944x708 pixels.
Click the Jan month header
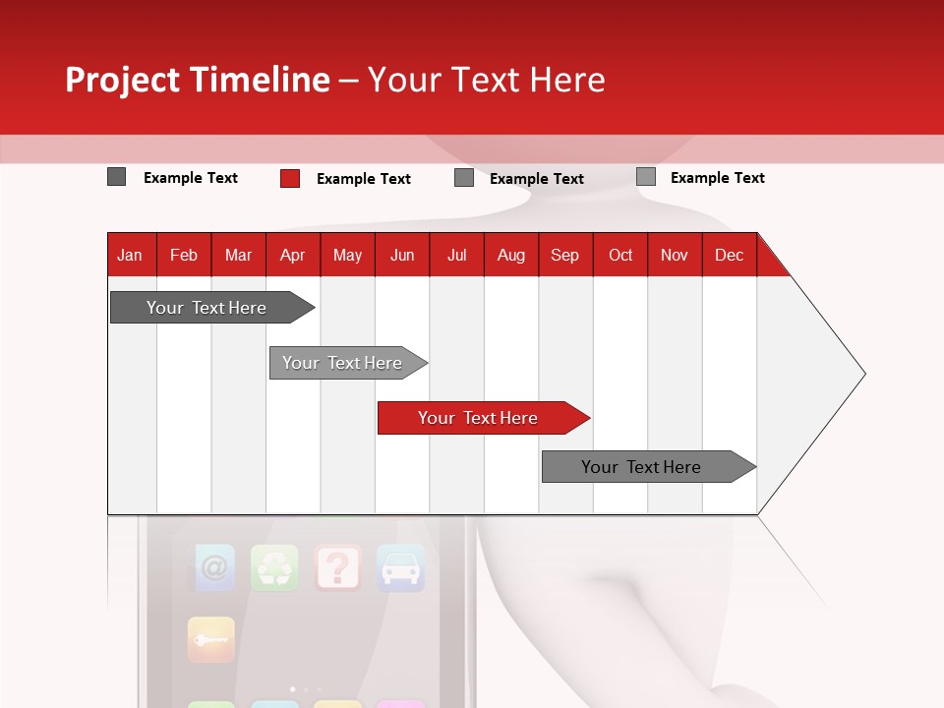[130, 255]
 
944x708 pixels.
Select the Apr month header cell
[293, 255]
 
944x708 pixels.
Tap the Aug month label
[510, 255]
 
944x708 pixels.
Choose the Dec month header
[729, 255]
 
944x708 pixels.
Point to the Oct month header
[620, 255]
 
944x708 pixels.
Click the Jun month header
[402, 255]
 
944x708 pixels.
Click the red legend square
[290, 178]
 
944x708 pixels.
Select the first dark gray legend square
[117, 177]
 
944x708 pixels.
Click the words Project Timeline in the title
[197, 80]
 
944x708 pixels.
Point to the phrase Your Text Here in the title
[487, 80]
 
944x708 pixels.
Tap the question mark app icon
[337, 567]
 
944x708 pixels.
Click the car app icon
[400, 567]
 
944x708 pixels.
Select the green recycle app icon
[274, 567]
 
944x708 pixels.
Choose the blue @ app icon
[213, 567]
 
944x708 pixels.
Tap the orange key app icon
[211, 639]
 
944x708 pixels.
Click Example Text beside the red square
[363, 179]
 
